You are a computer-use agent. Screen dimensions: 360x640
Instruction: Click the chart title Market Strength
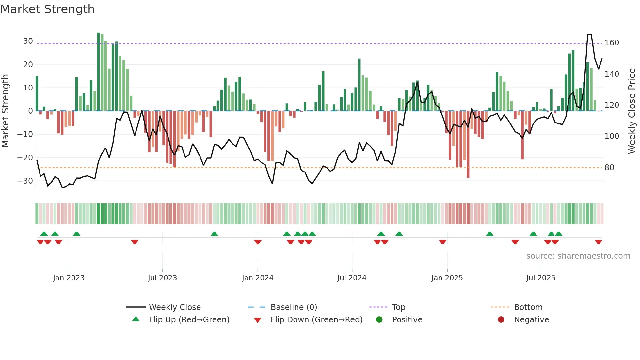tap(47, 9)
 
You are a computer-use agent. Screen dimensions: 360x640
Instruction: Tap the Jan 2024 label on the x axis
tap(257, 278)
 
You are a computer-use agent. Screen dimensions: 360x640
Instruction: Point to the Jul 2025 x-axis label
tap(540, 278)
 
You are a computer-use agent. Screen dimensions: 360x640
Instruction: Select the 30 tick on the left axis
tap(28, 41)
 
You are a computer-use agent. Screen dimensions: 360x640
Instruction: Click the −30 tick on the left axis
tap(25, 181)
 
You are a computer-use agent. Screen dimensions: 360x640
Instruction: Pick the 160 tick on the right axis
tap(612, 43)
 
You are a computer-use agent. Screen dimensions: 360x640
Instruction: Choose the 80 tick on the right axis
tap(609, 168)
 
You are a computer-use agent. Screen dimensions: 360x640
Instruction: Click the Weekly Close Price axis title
tap(632, 111)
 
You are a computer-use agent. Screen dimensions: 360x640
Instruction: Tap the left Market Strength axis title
tap(6, 111)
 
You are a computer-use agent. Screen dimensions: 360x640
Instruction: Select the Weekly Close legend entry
tap(175, 307)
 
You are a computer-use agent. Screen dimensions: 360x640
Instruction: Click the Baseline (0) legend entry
tap(294, 307)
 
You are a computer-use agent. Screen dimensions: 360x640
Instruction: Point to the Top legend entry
tap(398, 307)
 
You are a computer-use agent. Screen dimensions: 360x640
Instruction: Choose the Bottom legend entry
tap(528, 307)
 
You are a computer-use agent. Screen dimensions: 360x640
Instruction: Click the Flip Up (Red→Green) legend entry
tap(189, 320)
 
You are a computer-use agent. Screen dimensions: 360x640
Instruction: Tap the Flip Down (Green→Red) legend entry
tap(316, 320)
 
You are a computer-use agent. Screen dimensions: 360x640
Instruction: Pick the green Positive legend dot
tap(379, 320)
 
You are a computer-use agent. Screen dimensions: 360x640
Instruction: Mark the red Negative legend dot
tap(501, 320)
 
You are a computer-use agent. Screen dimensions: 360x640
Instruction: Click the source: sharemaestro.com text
tap(578, 256)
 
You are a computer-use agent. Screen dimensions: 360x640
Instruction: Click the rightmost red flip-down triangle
tap(598, 242)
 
